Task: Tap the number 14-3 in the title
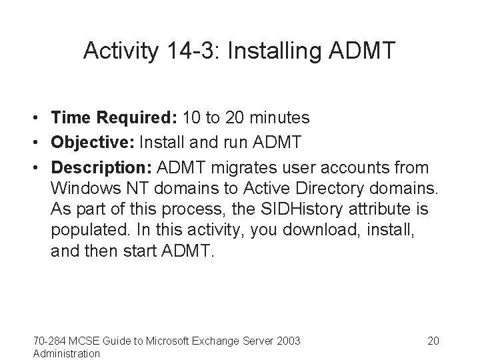pos(187,51)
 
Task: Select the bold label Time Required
pos(109,118)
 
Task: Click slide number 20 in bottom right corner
pos(433,341)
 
